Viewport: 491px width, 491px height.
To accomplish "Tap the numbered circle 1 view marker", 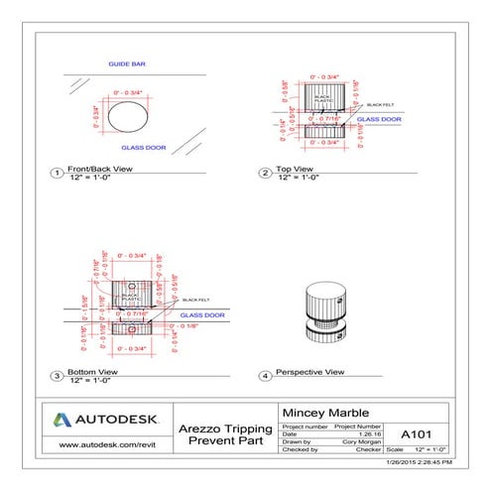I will [58, 173].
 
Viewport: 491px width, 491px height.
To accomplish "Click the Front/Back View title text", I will [99, 170].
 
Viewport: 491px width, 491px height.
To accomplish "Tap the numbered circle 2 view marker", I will [265, 173].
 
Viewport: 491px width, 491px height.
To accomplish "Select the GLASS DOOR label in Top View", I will [380, 119].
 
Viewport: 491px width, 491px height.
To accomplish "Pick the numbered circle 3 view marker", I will [58, 376].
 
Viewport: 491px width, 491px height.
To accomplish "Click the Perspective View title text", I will [309, 372].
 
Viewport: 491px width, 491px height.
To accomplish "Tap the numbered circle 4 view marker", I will [265, 376].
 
